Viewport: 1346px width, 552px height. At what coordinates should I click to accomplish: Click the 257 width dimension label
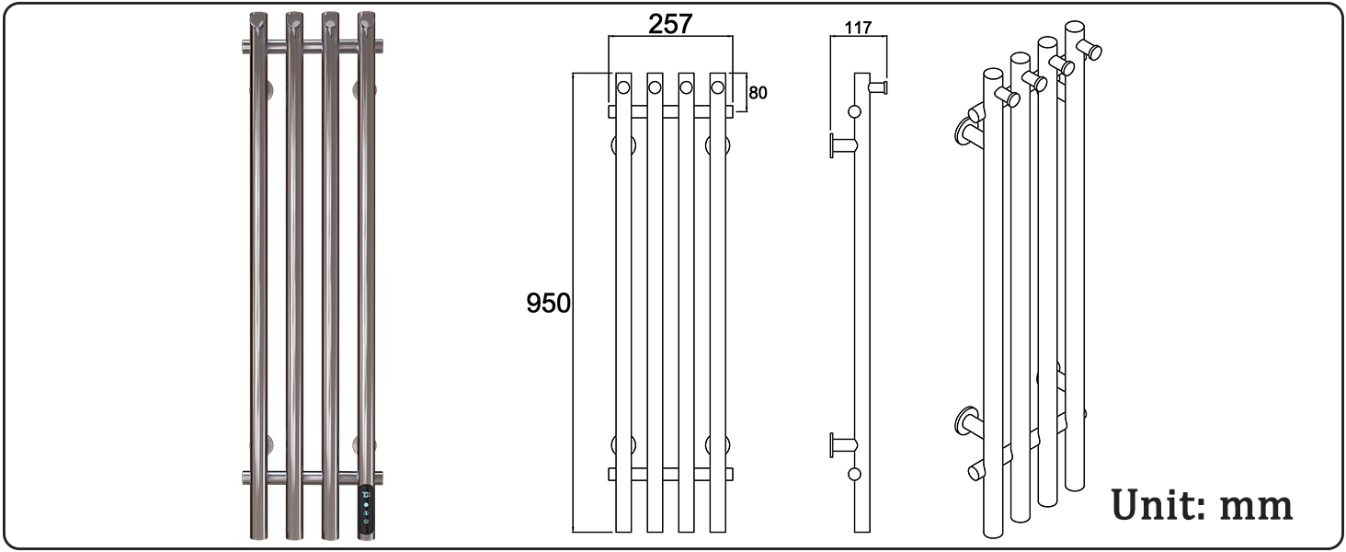pos(670,24)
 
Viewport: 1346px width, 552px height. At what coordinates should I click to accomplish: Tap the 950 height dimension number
pos(548,303)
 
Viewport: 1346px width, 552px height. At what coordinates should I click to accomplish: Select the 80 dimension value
pos(758,93)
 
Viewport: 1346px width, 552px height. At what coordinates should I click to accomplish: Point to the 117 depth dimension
pos(858,28)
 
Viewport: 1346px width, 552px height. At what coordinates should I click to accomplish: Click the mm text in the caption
pos(1257,508)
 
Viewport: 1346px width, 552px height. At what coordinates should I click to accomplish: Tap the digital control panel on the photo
pos(366,511)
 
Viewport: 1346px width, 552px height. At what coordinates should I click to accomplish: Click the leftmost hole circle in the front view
pos(623,87)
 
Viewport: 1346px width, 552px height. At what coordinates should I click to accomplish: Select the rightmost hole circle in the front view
pos(717,87)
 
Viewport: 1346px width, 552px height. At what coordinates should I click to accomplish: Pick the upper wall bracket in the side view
pos(842,145)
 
